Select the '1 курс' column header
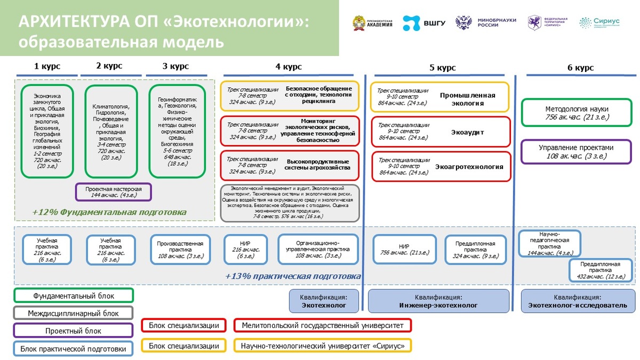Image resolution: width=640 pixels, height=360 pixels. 47,67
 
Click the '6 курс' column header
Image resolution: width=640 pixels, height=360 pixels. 580,68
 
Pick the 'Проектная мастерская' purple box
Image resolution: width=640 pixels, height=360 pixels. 113,192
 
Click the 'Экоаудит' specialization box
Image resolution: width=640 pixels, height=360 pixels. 440,132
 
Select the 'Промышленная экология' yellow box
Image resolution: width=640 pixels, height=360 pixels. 440,97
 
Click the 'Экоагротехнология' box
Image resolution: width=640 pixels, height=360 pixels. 440,166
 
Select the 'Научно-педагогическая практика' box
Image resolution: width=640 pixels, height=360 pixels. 549,243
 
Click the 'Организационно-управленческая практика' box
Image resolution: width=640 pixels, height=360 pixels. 319,249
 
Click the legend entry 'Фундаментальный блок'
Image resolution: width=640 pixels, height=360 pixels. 74,295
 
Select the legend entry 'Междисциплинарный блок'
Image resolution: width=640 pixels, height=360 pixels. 74,313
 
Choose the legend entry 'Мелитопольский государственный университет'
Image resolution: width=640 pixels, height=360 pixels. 322,325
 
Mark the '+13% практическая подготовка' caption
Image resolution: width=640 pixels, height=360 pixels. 293,276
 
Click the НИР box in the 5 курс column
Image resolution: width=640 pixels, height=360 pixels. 405,249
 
